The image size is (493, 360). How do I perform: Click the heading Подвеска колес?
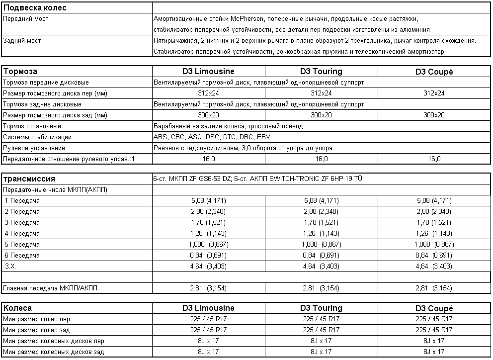click(35, 8)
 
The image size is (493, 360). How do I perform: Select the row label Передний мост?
click(26, 19)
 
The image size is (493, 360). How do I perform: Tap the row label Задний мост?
click(22, 41)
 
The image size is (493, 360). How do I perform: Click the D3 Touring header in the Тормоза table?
click(321, 72)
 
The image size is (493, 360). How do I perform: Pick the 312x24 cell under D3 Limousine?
click(209, 93)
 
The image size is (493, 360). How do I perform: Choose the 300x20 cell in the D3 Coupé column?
click(434, 115)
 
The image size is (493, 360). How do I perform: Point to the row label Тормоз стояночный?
click(32, 126)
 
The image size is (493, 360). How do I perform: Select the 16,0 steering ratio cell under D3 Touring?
click(321, 159)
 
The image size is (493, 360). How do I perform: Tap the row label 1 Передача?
click(22, 201)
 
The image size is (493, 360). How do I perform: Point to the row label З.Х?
click(10, 267)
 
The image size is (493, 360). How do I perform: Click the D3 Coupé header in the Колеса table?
click(434, 308)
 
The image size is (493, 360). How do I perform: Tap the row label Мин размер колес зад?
click(37, 330)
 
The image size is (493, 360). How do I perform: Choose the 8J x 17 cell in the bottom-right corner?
click(434, 352)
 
